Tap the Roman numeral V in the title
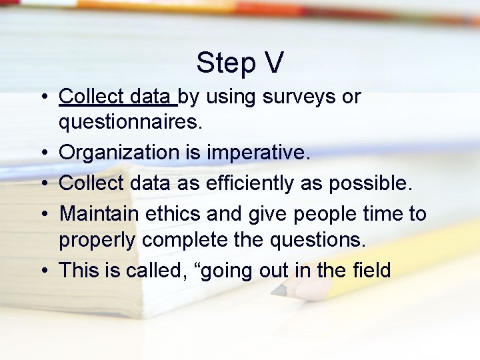(x=273, y=63)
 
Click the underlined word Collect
(x=88, y=97)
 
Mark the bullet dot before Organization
(x=42, y=153)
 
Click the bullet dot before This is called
(x=42, y=271)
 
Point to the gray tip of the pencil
(x=277, y=291)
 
